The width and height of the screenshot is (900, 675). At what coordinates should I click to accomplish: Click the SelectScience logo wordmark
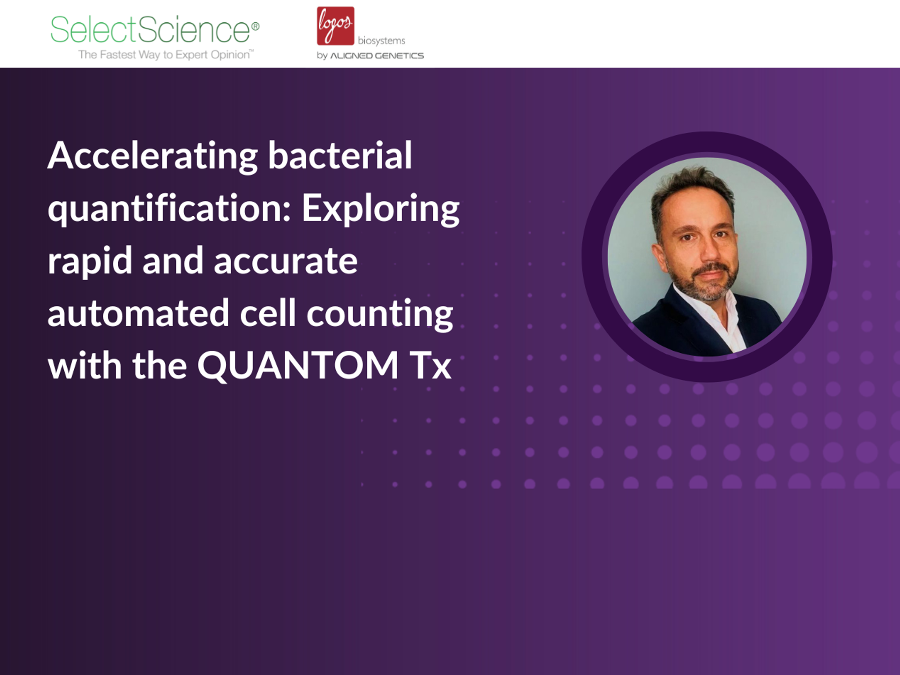(x=150, y=30)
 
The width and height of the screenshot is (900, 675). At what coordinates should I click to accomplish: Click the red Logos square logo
(x=335, y=25)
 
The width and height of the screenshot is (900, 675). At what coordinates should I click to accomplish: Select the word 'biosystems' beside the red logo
(x=381, y=41)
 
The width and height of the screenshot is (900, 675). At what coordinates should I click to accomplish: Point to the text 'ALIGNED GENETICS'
(x=377, y=56)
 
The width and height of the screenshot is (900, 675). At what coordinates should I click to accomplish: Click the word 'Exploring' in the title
(x=380, y=209)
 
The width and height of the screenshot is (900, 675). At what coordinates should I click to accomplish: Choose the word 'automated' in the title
(x=138, y=313)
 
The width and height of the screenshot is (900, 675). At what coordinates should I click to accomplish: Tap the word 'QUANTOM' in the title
(x=298, y=365)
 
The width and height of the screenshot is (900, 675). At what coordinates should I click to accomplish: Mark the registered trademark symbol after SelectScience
(x=255, y=26)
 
